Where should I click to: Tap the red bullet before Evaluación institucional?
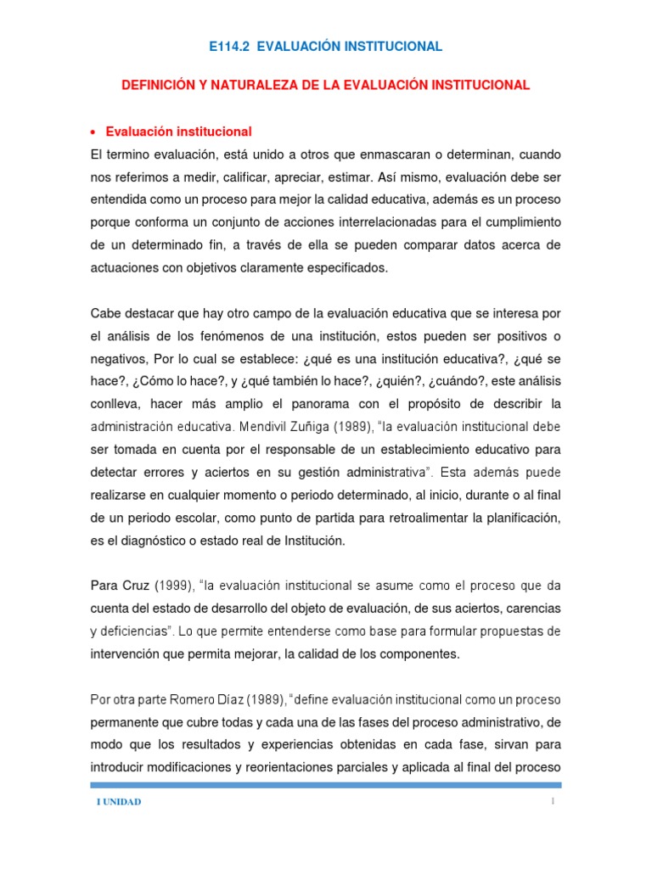(93, 132)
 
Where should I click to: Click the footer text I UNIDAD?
(118, 802)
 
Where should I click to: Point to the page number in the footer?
(552, 800)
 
